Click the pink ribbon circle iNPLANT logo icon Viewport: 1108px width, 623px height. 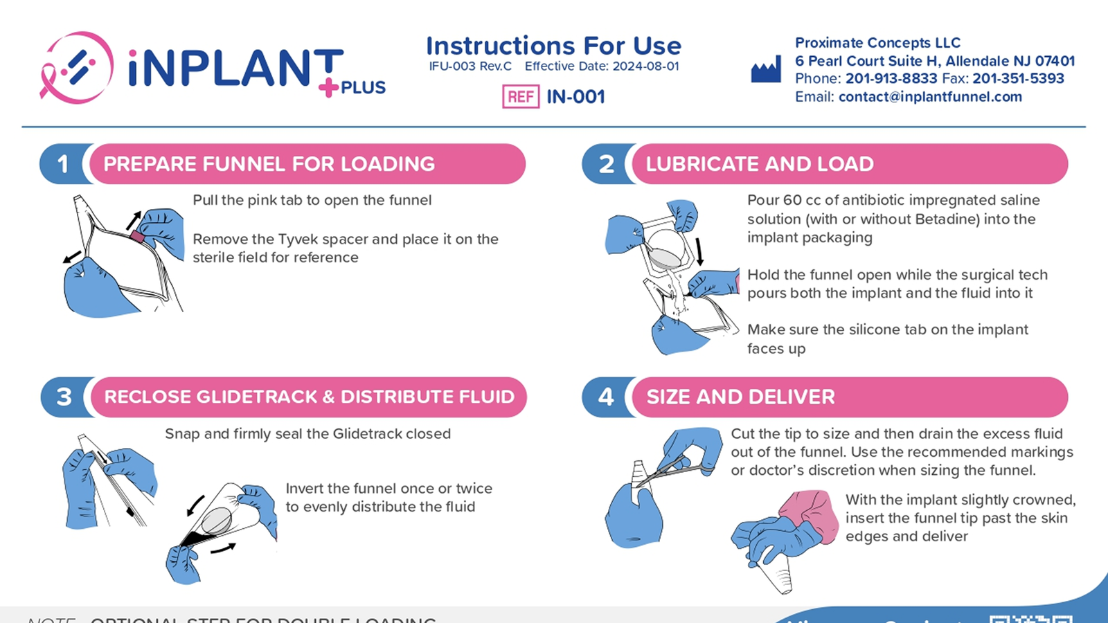tap(77, 68)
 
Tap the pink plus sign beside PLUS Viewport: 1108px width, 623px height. tap(328, 87)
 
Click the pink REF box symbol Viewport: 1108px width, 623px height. tap(520, 97)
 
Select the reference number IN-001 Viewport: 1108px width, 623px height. tap(575, 97)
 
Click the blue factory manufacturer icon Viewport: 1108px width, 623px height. tap(766, 70)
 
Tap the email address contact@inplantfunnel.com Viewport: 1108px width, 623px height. tap(930, 97)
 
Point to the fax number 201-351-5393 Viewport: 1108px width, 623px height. tap(1018, 79)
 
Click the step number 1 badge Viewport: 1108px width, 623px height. tap(63, 164)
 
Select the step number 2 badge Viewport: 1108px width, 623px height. tap(606, 164)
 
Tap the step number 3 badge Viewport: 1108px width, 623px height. tap(64, 397)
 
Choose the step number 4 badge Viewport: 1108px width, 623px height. tap(606, 397)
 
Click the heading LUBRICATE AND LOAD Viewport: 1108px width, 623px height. tap(760, 164)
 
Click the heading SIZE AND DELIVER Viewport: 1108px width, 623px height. tap(740, 397)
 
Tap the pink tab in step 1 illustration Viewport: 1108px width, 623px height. tap(137, 237)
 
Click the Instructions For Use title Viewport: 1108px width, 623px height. tap(553, 46)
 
